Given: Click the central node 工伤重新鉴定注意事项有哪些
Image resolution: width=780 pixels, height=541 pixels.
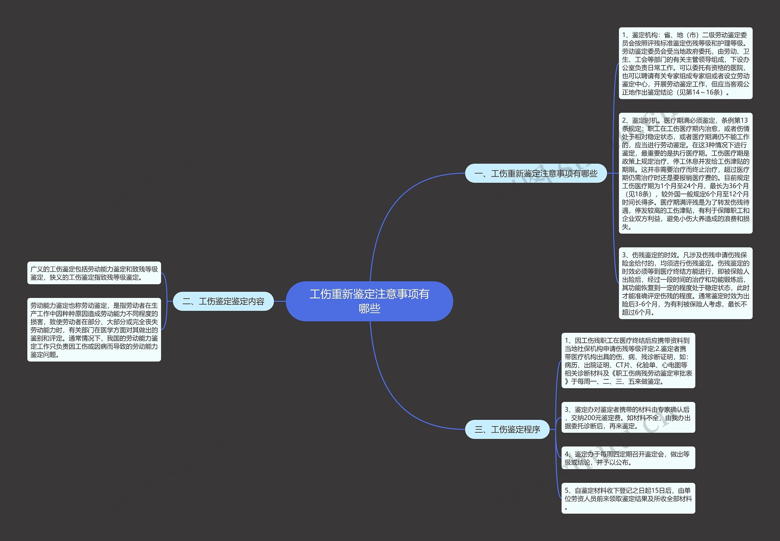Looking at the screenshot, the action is pyautogui.click(x=369, y=301).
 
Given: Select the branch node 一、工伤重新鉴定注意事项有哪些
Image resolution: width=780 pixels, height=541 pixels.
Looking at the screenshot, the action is pyautogui.click(x=535, y=174).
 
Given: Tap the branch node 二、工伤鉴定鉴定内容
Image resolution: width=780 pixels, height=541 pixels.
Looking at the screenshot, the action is pyautogui.click(x=223, y=301).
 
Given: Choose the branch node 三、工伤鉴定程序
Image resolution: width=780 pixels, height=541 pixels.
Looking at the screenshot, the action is pyautogui.click(x=507, y=430).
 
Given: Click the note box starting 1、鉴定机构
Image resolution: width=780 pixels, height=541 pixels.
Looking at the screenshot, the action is pyautogui.click(x=685, y=63).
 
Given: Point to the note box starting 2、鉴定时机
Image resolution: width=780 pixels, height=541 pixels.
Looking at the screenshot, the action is pyautogui.click(x=685, y=173).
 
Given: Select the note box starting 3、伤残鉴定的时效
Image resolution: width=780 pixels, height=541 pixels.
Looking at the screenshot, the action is pyautogui.click(x=685, y=283).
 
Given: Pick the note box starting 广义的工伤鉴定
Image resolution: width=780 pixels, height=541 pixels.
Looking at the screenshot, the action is pyautogui.click(x=94, y=273).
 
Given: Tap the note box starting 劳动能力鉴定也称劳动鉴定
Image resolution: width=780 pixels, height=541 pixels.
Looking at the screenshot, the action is pyautogui.click(x=94, y=330).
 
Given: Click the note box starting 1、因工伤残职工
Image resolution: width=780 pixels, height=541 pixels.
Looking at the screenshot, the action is pyautogui.click(x=628, y=361).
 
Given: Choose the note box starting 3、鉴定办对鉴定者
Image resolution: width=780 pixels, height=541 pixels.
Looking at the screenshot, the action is pyautogui.click(x=628, y=418).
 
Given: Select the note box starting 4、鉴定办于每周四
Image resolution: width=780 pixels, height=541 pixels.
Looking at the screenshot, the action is pyautogui.click(x=628, y=458).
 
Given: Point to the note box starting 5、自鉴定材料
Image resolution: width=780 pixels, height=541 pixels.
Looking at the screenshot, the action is pyautogui.click(x=628, y=498).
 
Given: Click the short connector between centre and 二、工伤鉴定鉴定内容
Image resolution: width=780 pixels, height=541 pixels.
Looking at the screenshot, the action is pyautogui.click(x=280, y=301).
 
